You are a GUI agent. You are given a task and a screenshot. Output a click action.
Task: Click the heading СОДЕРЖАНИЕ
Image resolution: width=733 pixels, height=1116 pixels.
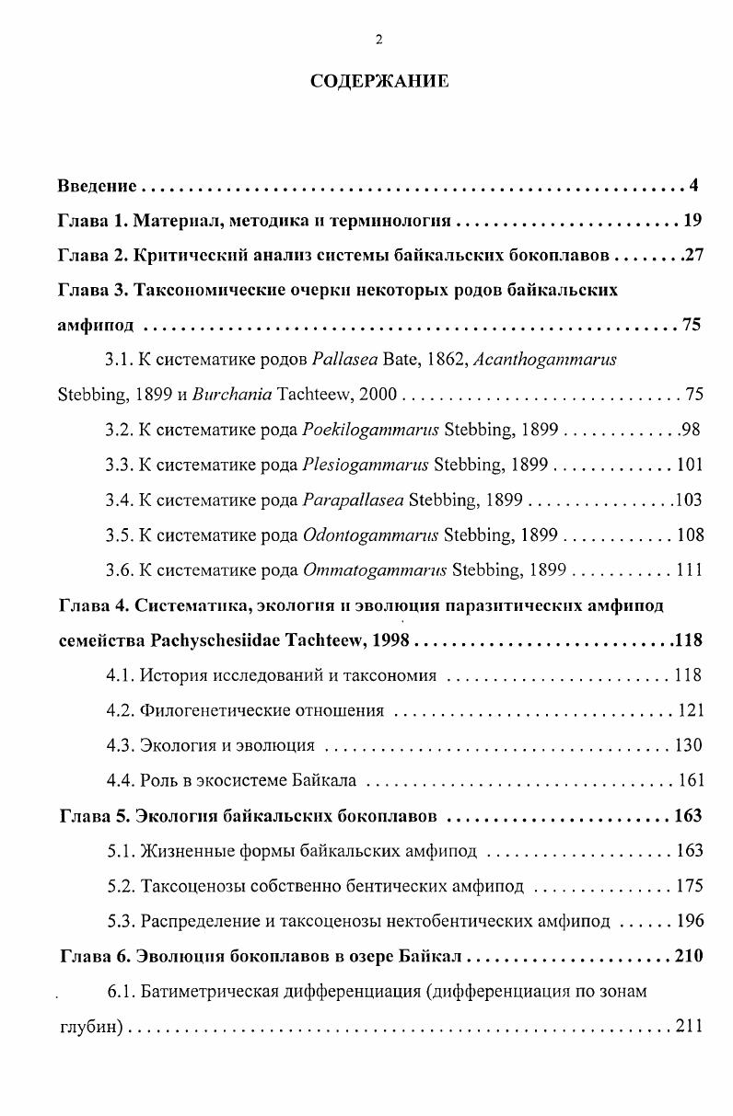(x=379, y=81)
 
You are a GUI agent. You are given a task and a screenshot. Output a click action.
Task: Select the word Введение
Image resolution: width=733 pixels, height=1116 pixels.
(x=97, y=186)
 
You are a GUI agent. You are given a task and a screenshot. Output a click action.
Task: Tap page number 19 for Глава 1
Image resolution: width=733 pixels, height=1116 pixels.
(x=692, y=221)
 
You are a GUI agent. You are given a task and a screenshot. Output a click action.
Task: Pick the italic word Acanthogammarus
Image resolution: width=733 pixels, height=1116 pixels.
(x=544, y=360)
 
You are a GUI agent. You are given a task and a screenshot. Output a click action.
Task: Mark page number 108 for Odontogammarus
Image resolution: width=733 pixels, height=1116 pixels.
(x=689, y=535)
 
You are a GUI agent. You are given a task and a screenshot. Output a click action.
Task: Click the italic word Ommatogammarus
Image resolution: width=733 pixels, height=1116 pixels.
(x=374, y=570)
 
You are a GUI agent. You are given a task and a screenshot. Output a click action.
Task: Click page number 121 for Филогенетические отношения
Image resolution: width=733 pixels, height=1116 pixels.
(x=689, y=710)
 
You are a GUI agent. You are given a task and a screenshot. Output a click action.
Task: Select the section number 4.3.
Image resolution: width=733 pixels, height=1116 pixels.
(x=120, y=745)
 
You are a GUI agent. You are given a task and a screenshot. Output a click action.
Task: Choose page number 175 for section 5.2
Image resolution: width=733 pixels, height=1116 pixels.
(x=689, y=886)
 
